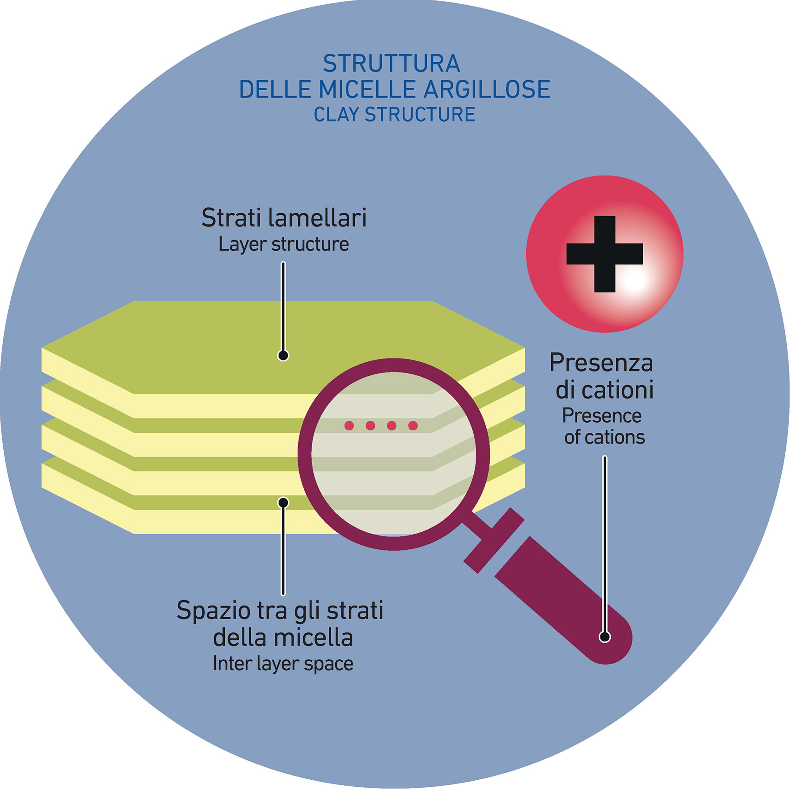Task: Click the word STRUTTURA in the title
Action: [392, 64]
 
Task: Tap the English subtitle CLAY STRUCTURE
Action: [394, 115]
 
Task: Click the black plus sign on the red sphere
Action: [604, 254]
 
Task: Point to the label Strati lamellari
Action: [284, 218]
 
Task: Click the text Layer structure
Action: [283, 244]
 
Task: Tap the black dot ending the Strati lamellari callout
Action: [283, 355]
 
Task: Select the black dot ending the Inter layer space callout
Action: [283, 503]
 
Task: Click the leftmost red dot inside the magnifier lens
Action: [349, 425]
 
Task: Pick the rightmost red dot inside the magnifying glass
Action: [413, 425]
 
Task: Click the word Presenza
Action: [601, 363]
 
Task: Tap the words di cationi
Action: [604, 390]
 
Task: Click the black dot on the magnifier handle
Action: [604, 637]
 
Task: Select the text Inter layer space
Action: [283, 664]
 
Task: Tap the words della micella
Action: [283, 637]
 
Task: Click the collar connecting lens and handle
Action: [494, 540]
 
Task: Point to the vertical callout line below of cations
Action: [604, 534]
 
